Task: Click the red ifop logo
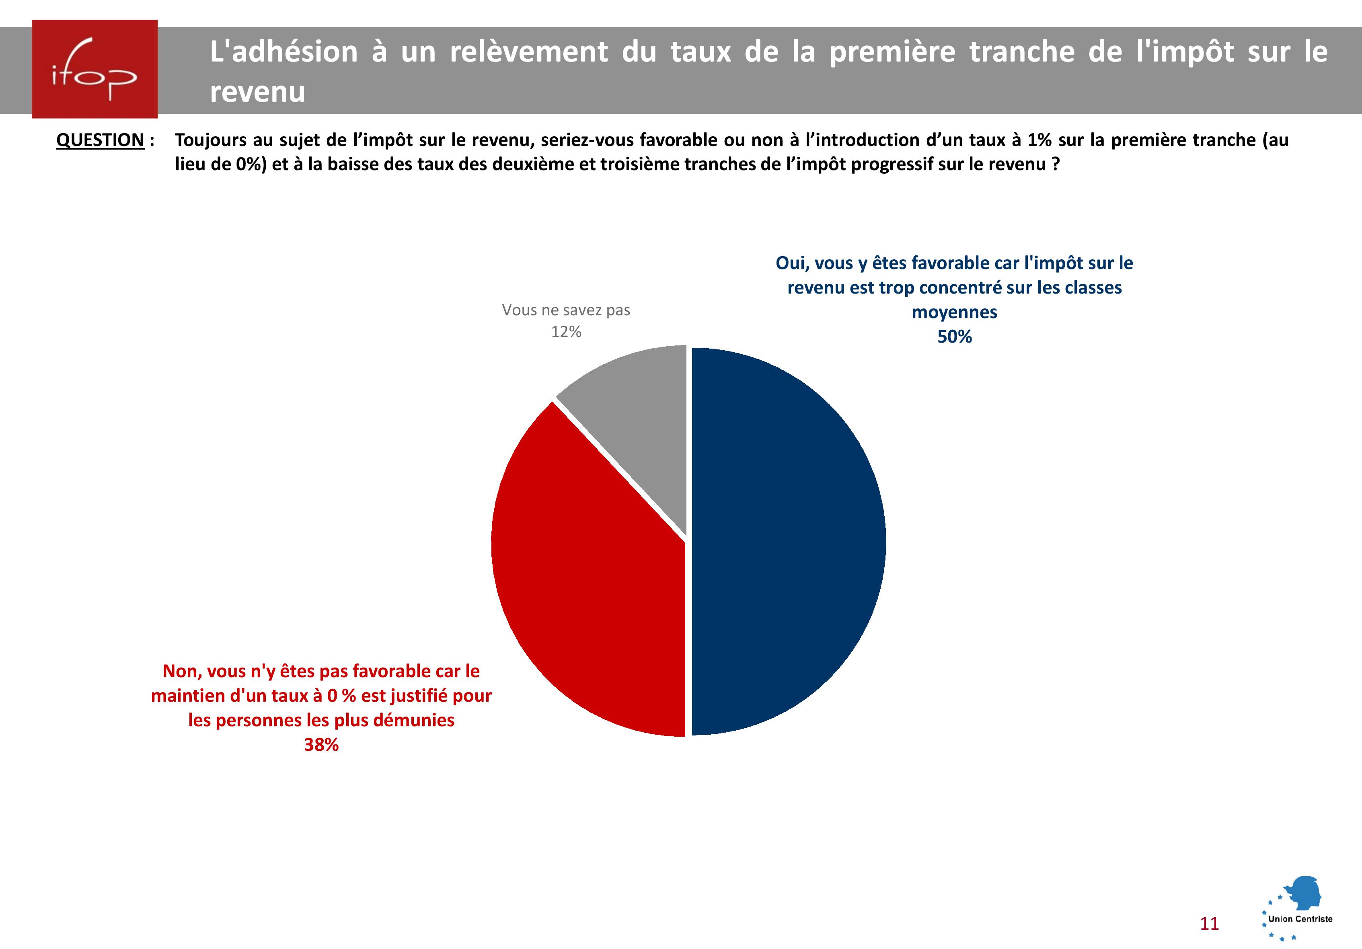pos(95,69)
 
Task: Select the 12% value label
pos(566,332)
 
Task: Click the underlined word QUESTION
pos(100,140)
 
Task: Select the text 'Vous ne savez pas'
pos(566,310)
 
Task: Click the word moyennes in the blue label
pos(954,312)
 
